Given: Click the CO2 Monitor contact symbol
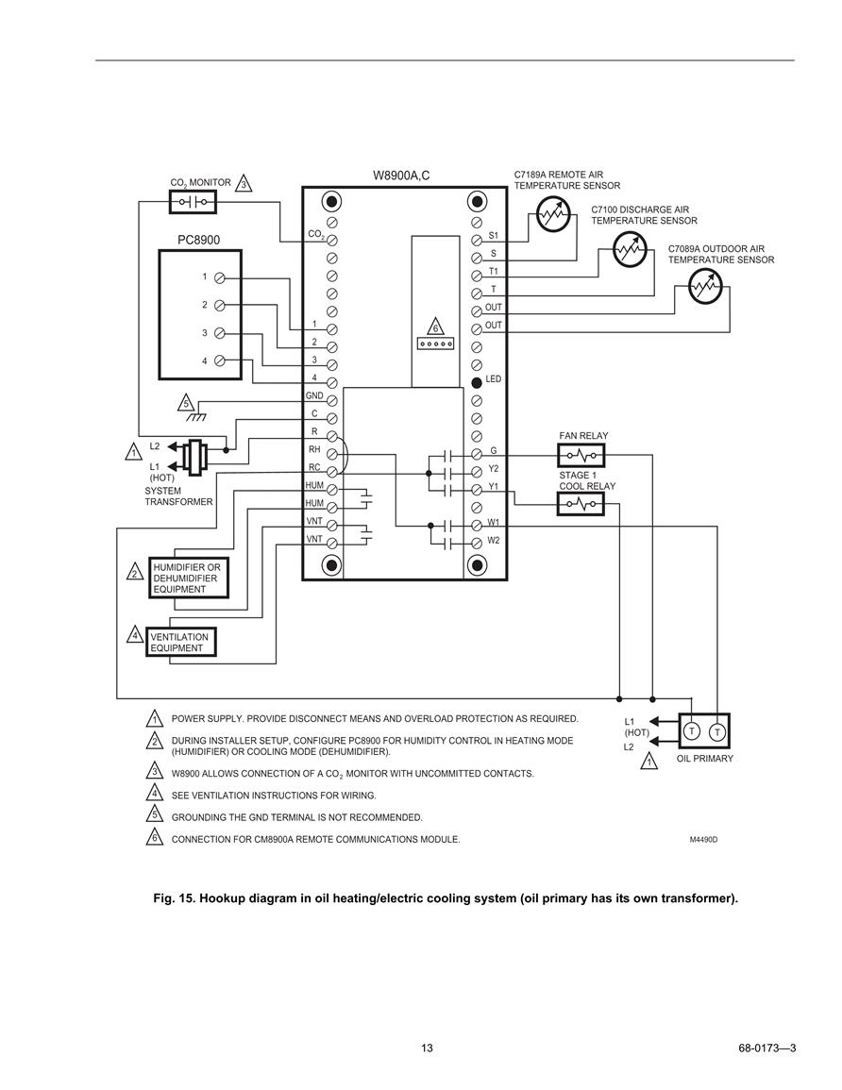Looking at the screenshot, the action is pos(193,202).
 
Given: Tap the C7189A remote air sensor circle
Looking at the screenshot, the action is pos(553,214).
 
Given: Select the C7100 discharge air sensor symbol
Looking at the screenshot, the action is pos(630,249).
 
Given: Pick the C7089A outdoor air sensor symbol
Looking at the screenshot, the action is pos(706,286).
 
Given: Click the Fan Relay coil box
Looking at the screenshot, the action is pos(581,456).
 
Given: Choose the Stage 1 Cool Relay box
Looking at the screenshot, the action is pos(581,503).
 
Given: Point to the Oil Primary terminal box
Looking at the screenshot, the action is pos(704,730).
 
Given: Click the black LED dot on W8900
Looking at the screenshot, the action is pos(477,383).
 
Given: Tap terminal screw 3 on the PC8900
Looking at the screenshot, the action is pos(220,333).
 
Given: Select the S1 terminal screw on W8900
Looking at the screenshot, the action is pos(477,241).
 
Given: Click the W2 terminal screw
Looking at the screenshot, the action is pos(477,543).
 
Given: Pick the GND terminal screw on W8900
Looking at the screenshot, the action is pos(331,400).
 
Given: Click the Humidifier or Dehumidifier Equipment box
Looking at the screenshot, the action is pos(189,578).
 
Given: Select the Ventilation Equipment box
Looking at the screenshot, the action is pos(181,643).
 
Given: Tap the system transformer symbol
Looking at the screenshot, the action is pos(195,458).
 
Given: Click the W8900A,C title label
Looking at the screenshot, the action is pos(402,176).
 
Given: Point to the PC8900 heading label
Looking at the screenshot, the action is pos(199,240).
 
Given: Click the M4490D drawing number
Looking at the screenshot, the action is pos(703,840).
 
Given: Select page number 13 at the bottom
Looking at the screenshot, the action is pos(427,1048).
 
